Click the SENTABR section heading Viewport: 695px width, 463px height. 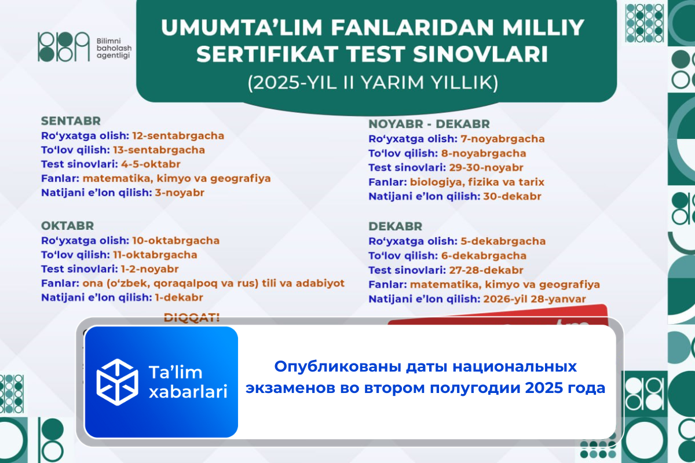pyautogui.click(x=71, y=121)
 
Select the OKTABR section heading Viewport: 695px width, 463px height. pyautogui.click(x=67, y=225)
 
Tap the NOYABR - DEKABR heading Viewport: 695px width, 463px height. pyautogui.click(x=429, y=124)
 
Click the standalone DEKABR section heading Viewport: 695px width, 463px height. pyautogui.click(x=396, y=226)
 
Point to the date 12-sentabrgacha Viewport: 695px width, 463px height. pyautogui.click(x=178, y=135)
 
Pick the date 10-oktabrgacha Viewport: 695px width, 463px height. pyautogui.click(x=176, y=240)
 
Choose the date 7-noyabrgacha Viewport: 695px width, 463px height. pyautogui.click(x=503, y=139)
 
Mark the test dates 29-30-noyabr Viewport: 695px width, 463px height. pyautogui.click(x=486, y=168)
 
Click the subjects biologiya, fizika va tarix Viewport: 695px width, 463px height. pyautogui.click(x=477, y=182)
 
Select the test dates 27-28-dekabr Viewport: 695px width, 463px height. pyautogui.click(x=486, y=270)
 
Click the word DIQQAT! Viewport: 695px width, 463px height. pyautogui.click(x=192, y=318)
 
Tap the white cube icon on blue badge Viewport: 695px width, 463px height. pyautogui.click(x=118, y=381)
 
